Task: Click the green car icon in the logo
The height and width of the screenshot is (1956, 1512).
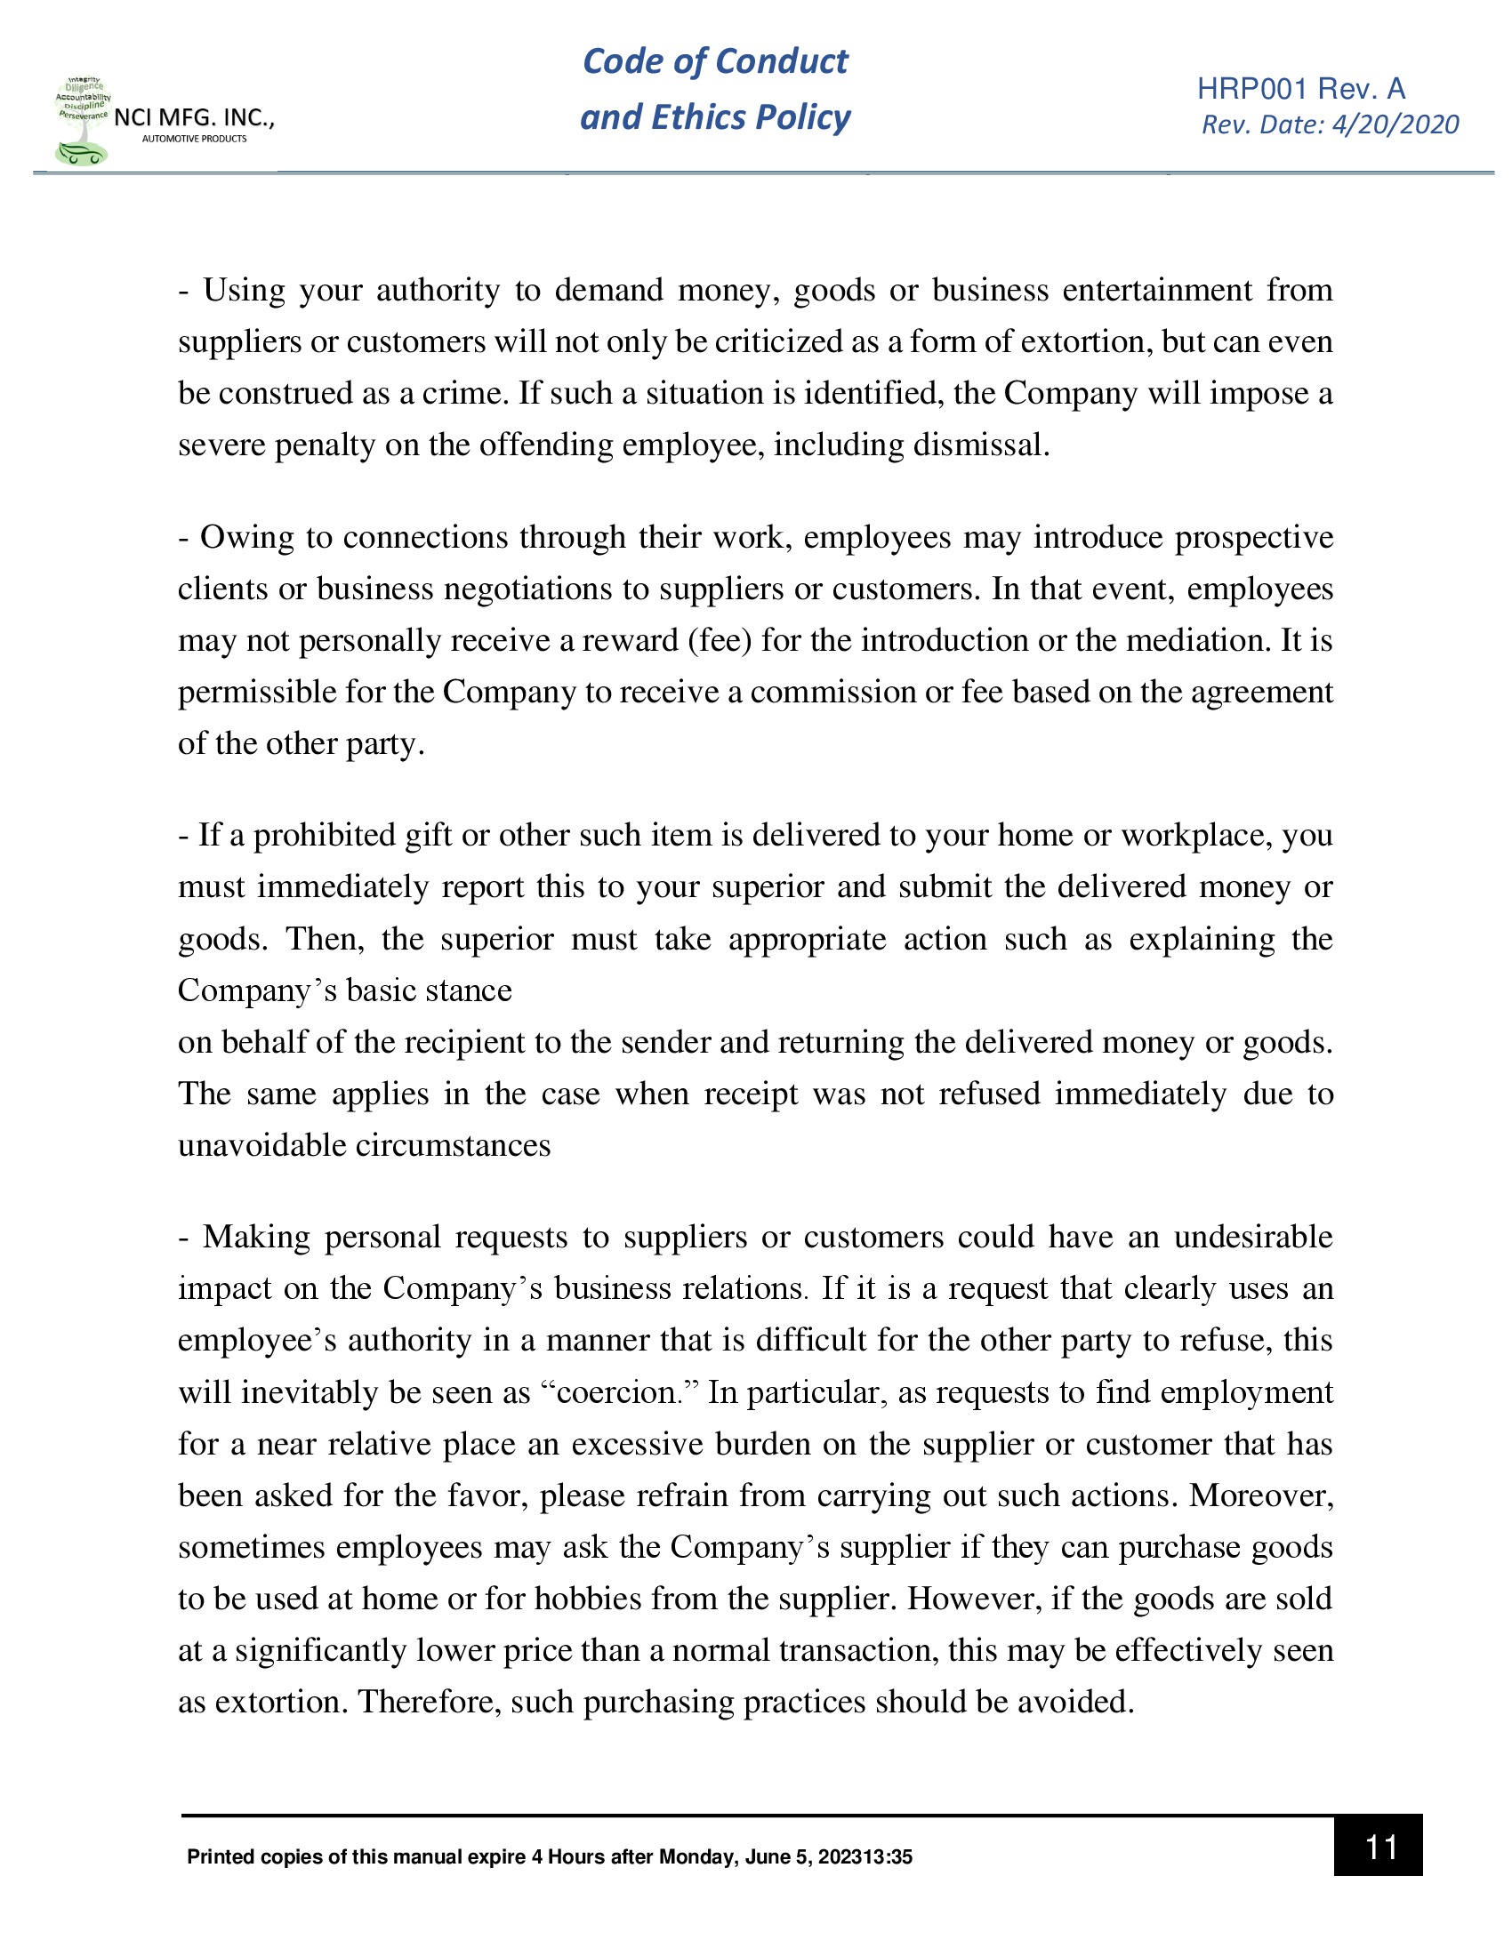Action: click(x=81, y=154)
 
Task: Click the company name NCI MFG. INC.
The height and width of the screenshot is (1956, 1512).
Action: click(x=193, y=117)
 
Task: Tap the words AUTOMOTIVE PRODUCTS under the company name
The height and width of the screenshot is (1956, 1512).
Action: click(x=195, y=139)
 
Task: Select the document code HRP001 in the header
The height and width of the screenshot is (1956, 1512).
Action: click(x=1251, y=89)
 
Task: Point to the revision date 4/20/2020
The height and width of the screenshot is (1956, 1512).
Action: click(x=1395, y=124)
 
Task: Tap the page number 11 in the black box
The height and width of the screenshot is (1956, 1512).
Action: click(x=1380, y=1847)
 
